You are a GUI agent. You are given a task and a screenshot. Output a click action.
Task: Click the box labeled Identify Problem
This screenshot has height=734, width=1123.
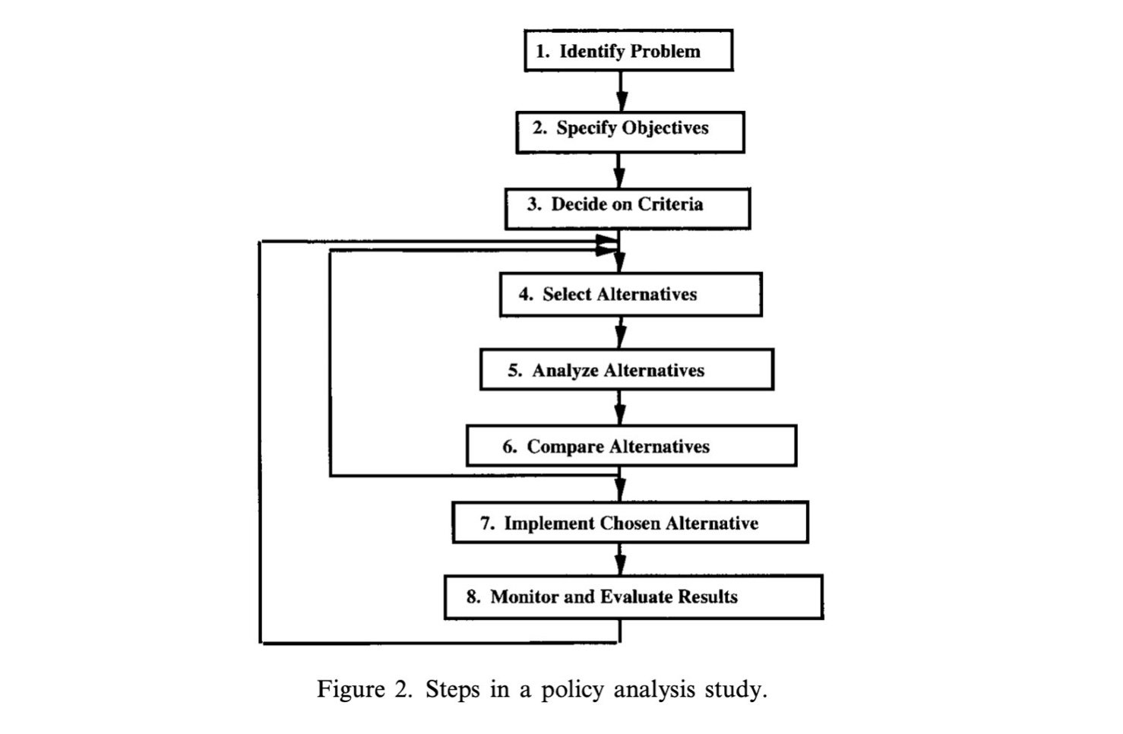point(628,51)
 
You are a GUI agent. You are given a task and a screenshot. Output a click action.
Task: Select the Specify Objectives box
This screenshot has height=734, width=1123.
point(630,132)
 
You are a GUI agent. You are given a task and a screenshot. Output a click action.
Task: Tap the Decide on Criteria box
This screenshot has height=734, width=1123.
point(628,208)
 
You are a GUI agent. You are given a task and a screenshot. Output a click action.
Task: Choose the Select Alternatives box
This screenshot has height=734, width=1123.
point(631,295)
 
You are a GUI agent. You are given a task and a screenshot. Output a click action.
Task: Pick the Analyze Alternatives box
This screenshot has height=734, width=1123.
point(627,370)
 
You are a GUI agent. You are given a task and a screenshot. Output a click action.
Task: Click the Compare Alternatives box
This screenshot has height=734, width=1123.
point(631,446)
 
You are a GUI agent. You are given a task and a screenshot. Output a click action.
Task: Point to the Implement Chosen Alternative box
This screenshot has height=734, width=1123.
point(630,523)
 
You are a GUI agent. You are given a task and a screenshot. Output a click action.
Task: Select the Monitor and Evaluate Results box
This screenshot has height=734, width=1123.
point(633,597)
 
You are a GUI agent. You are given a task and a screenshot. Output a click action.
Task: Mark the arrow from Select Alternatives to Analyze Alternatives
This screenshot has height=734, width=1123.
point(621,333)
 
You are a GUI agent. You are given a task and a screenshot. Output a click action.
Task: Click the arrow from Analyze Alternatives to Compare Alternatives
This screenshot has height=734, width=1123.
point(620,408)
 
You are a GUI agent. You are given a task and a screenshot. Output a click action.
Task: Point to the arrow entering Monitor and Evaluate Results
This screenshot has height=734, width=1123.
point(620,560)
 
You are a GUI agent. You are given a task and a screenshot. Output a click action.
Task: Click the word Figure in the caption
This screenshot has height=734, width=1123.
point(350,690)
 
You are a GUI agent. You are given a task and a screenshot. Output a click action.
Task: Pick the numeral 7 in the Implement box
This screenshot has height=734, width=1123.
point(486,524)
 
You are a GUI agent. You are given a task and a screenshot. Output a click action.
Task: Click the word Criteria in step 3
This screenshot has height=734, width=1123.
point(670,204)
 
